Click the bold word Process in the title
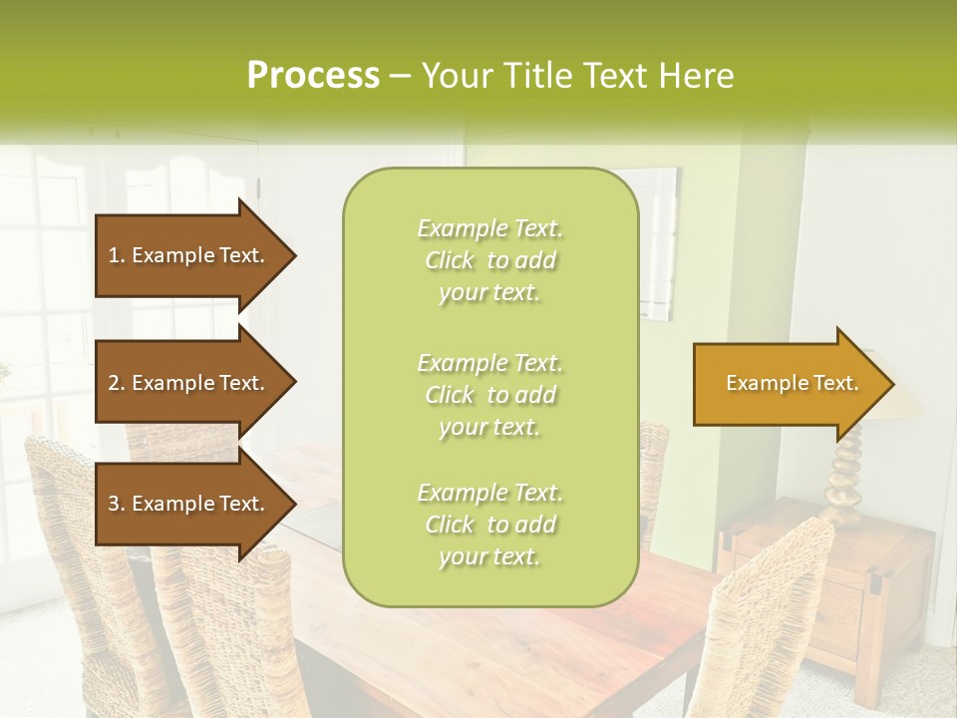[313, 76]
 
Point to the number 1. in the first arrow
[117, 255]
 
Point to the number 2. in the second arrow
[117, 383]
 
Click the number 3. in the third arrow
[117, 504]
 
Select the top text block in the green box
[489, 260]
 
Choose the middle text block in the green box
[489, 395]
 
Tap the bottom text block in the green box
[489, 525]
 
